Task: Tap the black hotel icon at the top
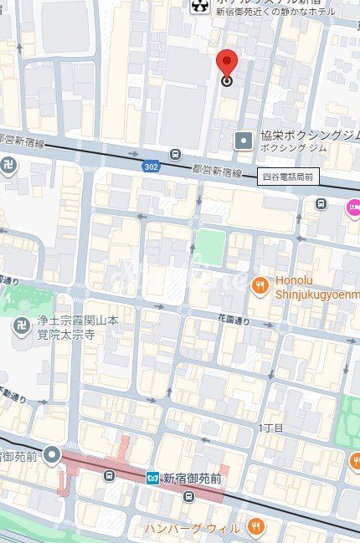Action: pos(198,7)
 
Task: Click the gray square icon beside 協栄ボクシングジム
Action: pos(244,140)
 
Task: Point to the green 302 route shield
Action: pos(150,165)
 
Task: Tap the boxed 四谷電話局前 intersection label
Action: pos(287,176)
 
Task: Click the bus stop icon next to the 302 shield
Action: pos(174,155)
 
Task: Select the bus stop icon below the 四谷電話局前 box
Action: pos(321,203)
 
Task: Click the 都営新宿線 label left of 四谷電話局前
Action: pos(217,172)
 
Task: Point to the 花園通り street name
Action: pos(234,319)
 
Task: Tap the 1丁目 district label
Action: pos(270,428)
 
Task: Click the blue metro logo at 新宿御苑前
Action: pos(152,478)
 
